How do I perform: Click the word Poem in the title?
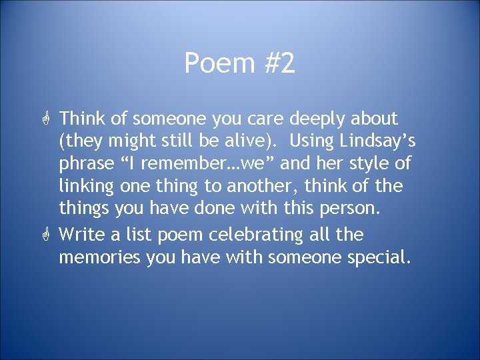[x=211, y=65]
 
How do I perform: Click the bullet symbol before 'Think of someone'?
[x=46, y=120]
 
